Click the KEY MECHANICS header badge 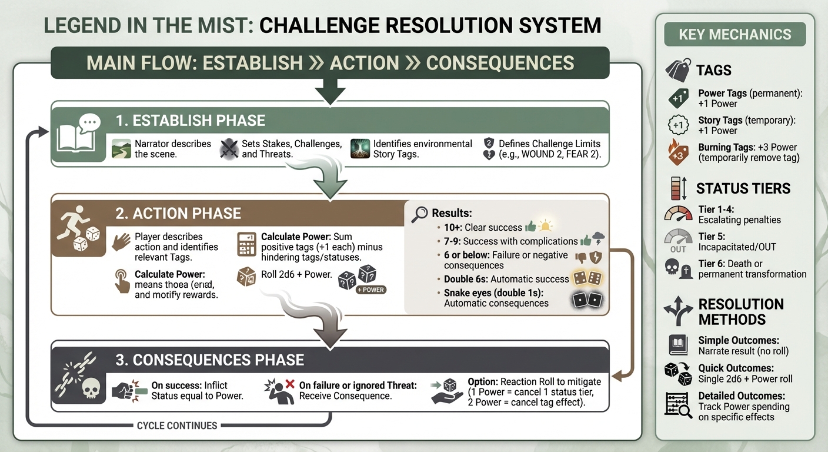click(734, 34)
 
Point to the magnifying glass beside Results click(419, 214)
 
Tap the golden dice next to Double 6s click(588, 279)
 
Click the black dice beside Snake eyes click(588, 300)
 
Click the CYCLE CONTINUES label click(177, 426)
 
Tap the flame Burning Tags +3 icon click(677, 153)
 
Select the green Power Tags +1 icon click(677, 98)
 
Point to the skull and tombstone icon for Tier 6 click(677, 269)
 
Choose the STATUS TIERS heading click(743, 189)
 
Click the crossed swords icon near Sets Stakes click(228, 149)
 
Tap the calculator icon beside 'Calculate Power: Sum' click(246, 244)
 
